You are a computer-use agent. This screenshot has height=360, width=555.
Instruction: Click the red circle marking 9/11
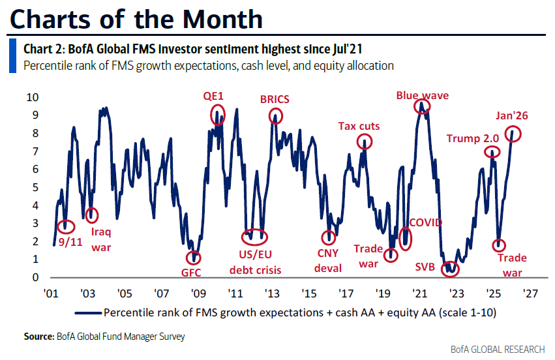click(x=65, y=227)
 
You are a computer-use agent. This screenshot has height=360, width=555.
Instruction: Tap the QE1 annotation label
click(x=213, y=96)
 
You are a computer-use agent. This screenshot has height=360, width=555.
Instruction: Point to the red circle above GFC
click(x=194, y=258)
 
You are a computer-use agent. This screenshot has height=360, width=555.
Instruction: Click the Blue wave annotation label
click(x=423, y=95)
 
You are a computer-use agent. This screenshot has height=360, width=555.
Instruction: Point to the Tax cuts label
click(x=358, y=126)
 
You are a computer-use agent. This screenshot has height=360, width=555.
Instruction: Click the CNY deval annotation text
click(x=329, y=260)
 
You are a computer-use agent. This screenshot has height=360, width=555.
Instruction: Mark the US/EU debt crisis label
click(x=255, y=260)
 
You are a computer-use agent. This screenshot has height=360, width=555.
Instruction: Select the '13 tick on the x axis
click(x=273, y=293)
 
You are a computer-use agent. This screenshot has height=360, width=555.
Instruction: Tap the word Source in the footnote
click(x=37, y=337)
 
